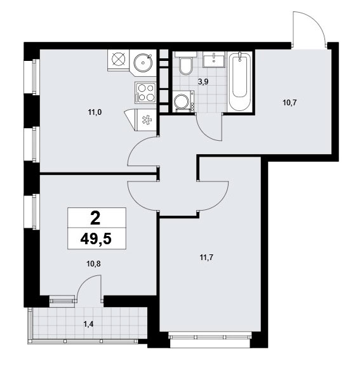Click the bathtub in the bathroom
point(240,81)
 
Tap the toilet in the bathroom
point(186,63)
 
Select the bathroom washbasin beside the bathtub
point(214,60)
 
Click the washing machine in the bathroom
point(183,101)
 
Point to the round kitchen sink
point(143,63)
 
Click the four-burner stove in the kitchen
point(145,93)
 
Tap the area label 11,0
point(95,112)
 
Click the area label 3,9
point(203,82)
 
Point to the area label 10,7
point(290,103)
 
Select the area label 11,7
point(206,258)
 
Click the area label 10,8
point(94,264)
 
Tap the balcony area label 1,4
point(88,324)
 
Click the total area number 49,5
point(96,239)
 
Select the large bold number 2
point(95,219)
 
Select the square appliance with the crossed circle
point(118,59)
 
